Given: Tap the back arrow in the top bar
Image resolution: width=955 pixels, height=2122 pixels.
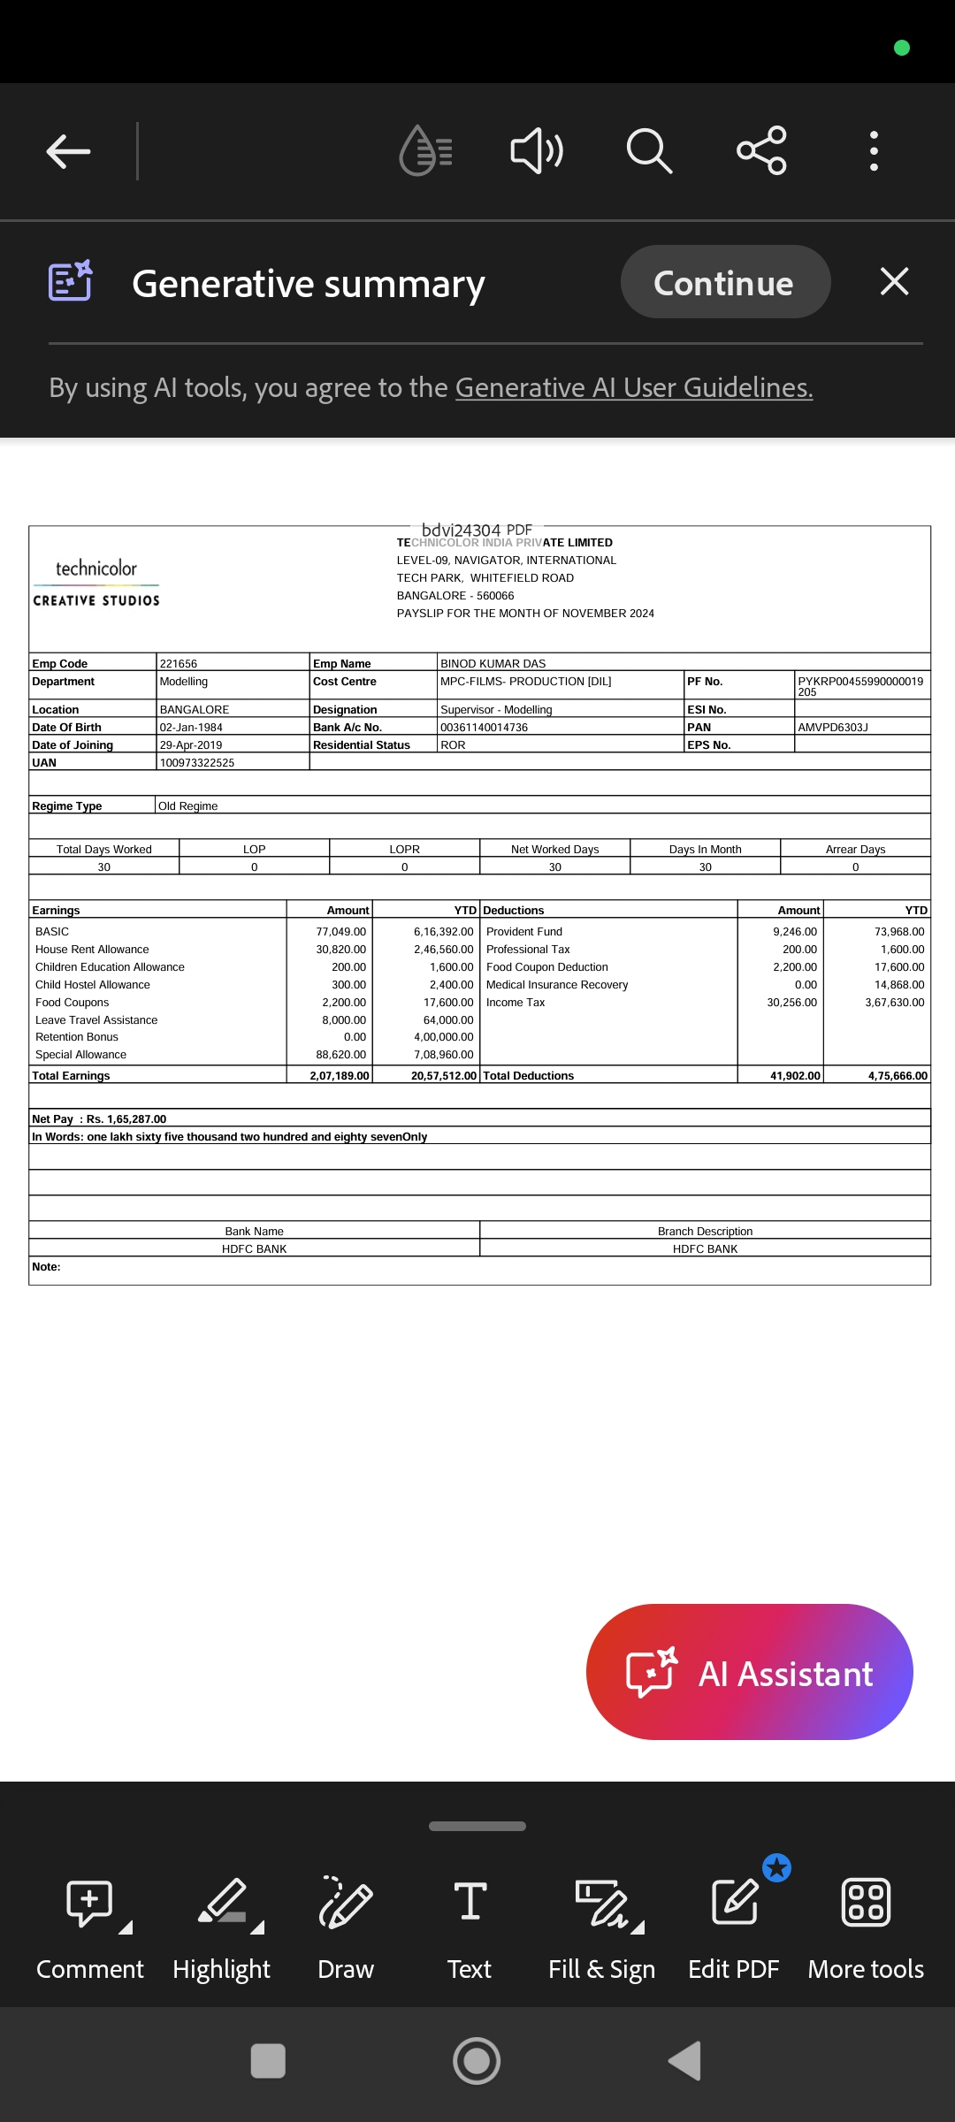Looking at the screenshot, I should click(x=68, y=151).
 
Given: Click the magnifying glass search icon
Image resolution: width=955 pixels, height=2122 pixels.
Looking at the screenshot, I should click(x=649, y=151).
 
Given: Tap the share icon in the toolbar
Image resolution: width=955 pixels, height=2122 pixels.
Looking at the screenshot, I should click(x=761, y=150).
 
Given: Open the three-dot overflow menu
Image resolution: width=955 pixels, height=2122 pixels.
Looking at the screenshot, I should click(x=874, y=151).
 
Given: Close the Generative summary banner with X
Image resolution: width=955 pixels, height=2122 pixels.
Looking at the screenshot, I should click(x=894, y=282).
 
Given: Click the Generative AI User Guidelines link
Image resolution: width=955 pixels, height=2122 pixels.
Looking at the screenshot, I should click(x=633, y=388).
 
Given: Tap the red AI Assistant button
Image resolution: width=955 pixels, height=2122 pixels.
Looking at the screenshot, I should click(x=749, y=1672).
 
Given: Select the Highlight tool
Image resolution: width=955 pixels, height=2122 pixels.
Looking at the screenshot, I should click(x=222, y=1927).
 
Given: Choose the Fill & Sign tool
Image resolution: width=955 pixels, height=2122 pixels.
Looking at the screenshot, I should click(x=601, y=1927).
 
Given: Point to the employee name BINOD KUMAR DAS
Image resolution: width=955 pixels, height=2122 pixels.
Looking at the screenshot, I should click(x=493, y=664).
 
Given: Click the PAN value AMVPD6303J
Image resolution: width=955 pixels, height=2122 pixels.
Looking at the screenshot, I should click(x=832, y=728).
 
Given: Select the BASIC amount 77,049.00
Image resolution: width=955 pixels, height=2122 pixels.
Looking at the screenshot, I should click(x=340, y=932).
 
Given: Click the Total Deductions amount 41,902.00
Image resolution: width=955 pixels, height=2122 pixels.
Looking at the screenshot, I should click(x=795, y=1076).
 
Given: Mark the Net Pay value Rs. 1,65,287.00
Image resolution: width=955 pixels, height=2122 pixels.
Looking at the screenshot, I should click(x=126, y=1119).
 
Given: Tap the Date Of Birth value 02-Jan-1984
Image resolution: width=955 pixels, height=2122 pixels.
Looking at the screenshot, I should click(x=191, y=728).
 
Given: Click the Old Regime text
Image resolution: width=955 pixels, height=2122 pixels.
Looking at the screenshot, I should click(x=187, y=806).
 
